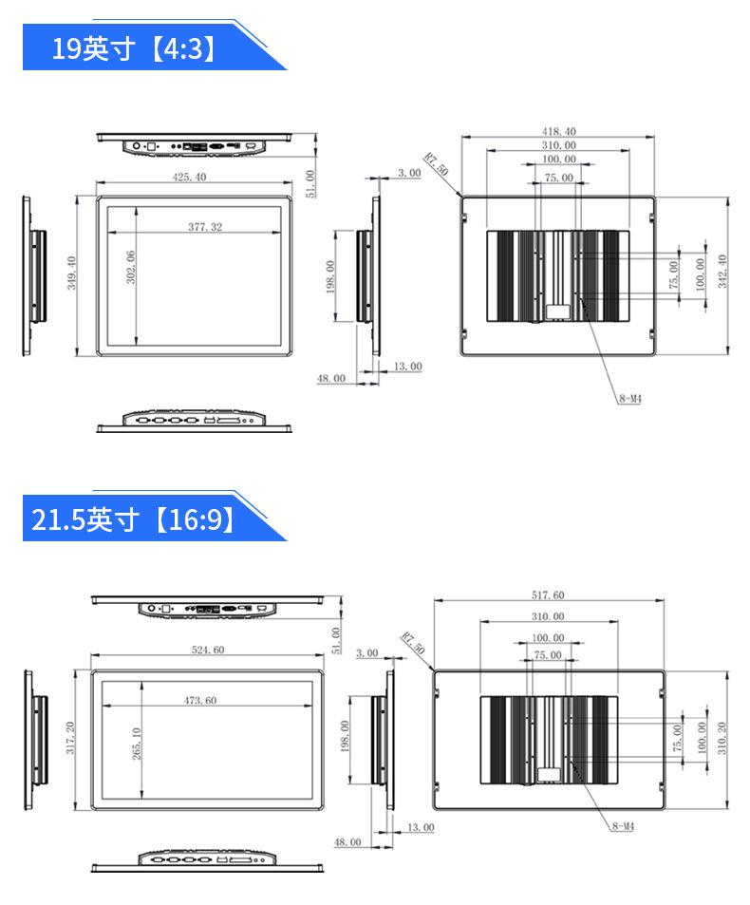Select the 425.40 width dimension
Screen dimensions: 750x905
[189, 178]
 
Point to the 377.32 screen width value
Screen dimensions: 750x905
[205, 227]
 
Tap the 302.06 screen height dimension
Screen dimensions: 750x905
[131, 267]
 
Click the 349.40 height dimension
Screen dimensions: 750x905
[71, 273]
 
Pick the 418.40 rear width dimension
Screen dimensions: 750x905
[558, 132]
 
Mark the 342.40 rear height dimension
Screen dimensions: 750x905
[722, 272]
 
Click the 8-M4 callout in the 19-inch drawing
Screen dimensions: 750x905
[630, 398]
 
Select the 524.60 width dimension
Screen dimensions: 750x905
[208, 650]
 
